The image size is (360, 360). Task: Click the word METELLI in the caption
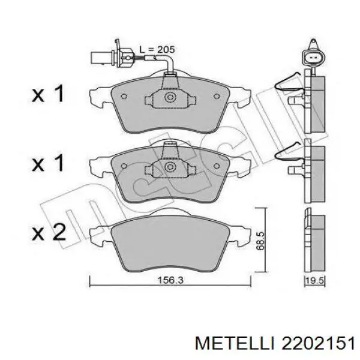point(236,343)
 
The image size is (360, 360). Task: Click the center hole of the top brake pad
point(170,96)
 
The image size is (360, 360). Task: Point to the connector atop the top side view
point(313,56)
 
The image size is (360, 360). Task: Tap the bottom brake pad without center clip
point(170,243)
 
